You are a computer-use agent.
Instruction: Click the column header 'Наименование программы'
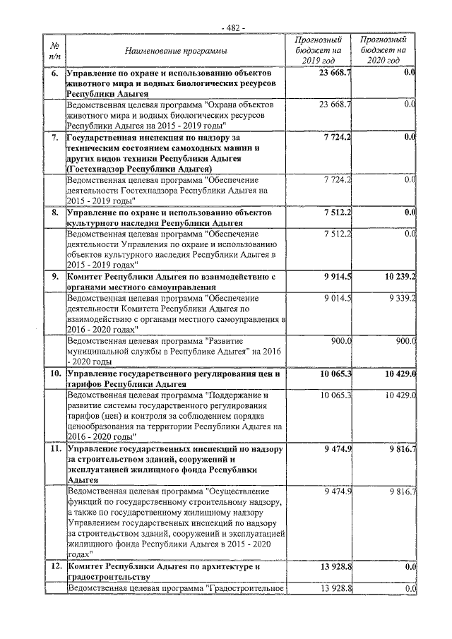coord(176,51)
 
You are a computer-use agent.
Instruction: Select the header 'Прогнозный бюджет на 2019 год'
coord(322,51)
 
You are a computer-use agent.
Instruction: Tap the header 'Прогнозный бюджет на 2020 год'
coord(382,51)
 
